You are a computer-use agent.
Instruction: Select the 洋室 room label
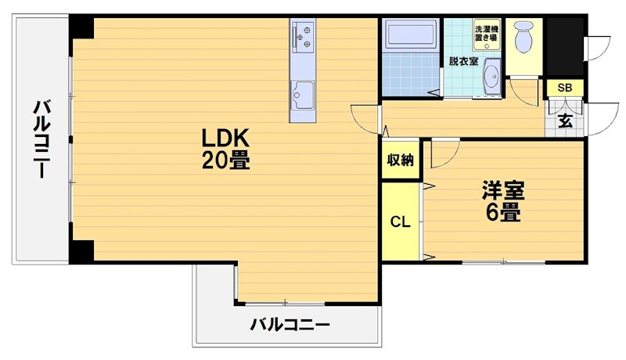502,190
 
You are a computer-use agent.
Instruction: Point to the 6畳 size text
502,212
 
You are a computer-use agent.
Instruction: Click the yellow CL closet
400,221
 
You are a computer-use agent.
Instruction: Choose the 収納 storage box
400,160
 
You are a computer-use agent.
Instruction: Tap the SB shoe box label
564,88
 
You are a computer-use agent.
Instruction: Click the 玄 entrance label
565,121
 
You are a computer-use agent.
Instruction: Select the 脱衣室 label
463,60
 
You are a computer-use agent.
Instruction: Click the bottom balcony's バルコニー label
290,324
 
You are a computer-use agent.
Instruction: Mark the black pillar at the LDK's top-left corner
81,27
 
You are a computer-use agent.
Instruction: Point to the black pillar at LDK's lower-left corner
81,251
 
